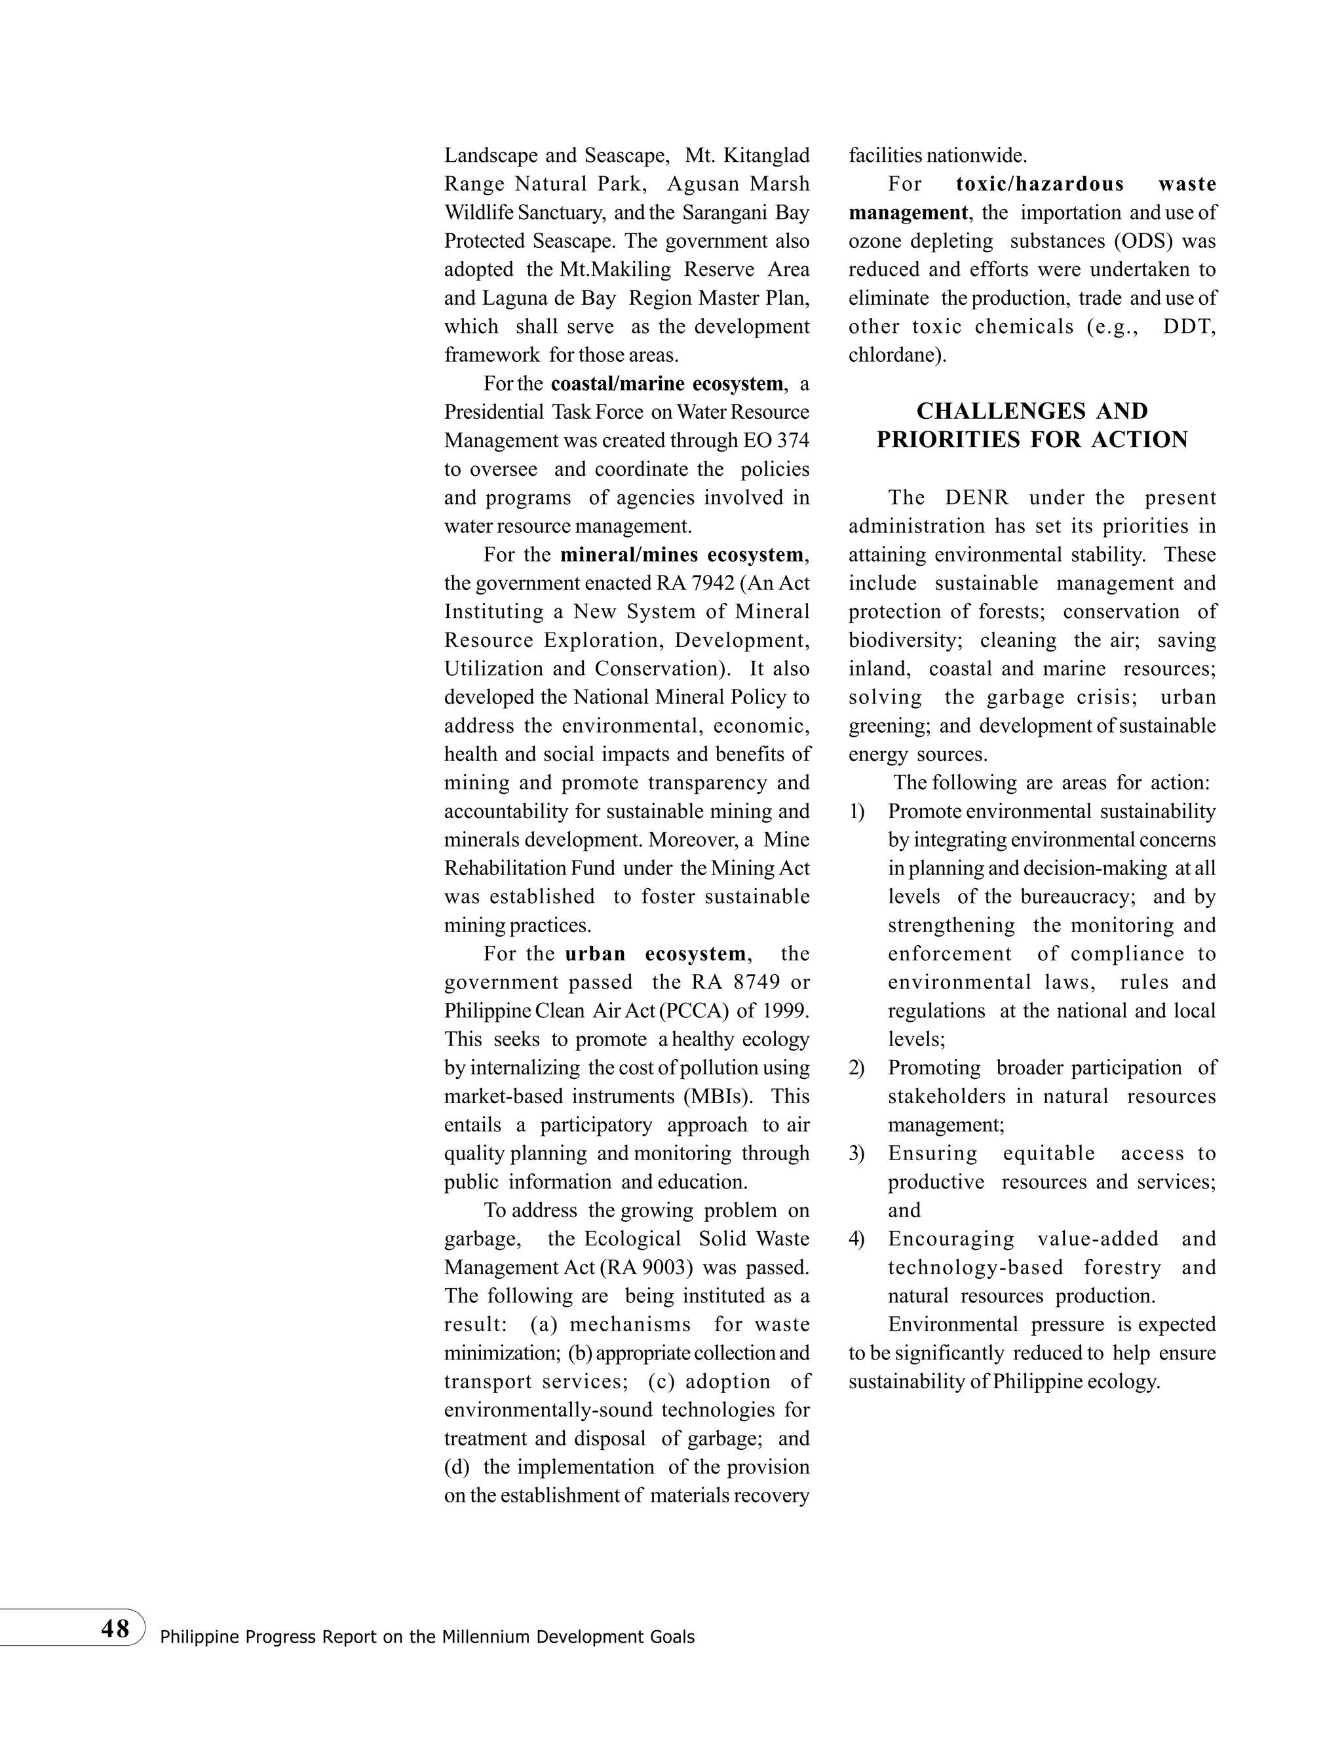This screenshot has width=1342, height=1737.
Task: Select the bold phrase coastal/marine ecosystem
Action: pyautogui.click(x=666, y=384)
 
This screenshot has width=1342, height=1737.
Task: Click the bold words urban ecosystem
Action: pyautogui.click(x=655, y=954)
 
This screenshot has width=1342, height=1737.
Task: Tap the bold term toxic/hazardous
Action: pyautogui.click(x=1040, y=185)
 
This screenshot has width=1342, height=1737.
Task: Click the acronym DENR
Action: pyautogui.click(x=976, y=498)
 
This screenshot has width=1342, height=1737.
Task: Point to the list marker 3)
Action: pyautogui.click(x=856, y=1153)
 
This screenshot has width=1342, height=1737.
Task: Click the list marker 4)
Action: pyautogui.click(x=856, y=1239)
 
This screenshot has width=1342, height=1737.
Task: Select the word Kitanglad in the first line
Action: pyautogui.click(x=767, y=156)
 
